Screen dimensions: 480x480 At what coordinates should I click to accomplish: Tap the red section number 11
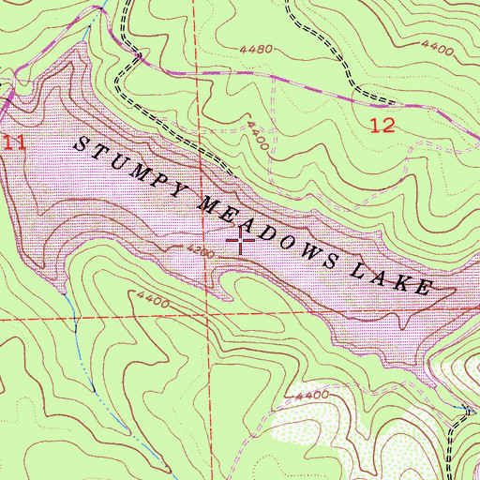(x=11, y=142)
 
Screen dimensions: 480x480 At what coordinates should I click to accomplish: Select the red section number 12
(x=382, y=126)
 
